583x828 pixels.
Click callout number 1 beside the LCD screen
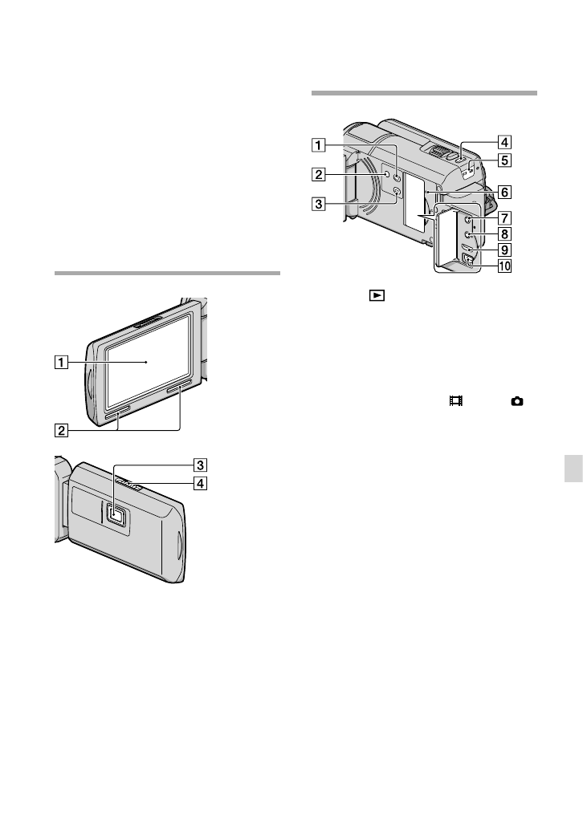click(x=61, y=363)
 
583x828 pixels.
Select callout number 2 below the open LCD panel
click(x=61, y=430)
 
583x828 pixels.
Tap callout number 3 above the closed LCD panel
click(x=200, y=465)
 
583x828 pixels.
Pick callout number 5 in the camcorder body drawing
click(x=505, y=160)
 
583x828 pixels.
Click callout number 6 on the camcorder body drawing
click(x=505, y=192)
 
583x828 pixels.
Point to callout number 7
click(x=505, y=217)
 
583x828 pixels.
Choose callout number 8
click(x=505, y=233)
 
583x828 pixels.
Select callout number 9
click(x=505, y=250)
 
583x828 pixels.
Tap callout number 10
click(x=505, y=266)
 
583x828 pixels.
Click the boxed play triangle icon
click(x=377, y=295)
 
